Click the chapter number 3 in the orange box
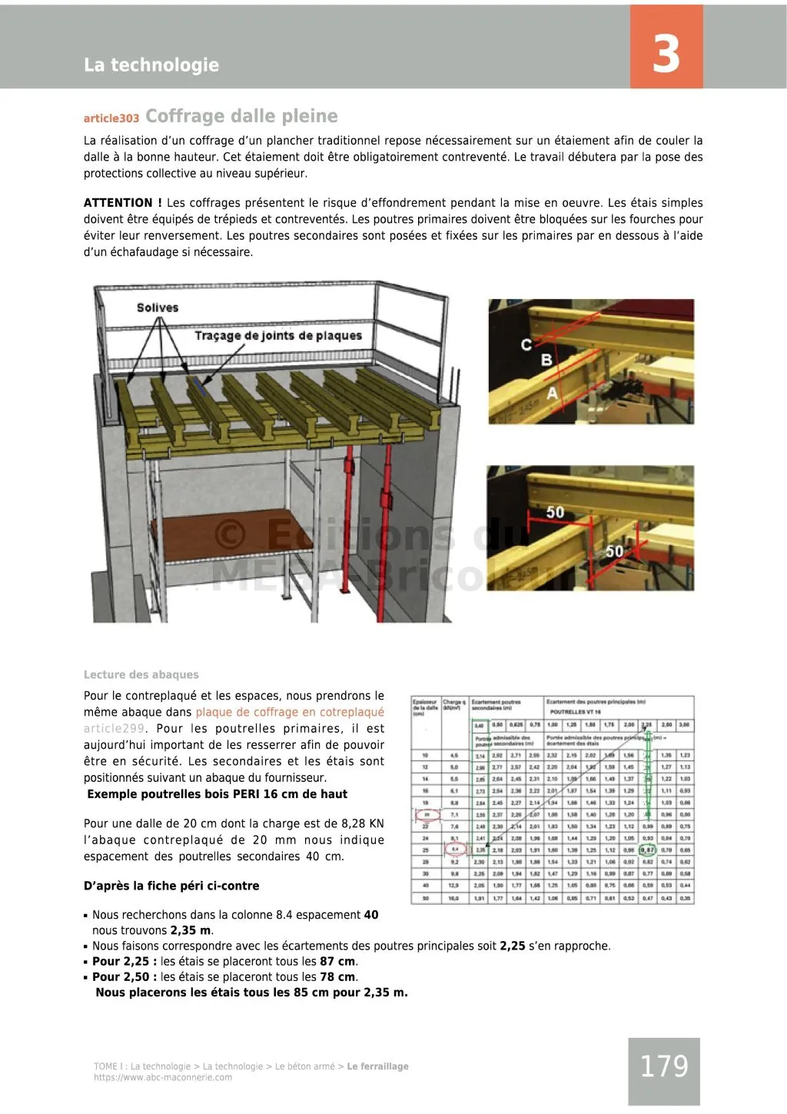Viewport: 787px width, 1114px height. click(x=666, y=53)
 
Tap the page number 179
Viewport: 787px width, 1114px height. click(x=664, y=1066)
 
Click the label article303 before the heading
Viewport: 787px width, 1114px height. click(x=111, y=118)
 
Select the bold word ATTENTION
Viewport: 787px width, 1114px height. click(x=123, y=203)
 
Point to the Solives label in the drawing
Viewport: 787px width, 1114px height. click(x=158, y=308)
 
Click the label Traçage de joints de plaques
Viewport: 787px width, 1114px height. click(x=277, y=336)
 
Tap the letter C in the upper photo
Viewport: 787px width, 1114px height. click(x=526, y=344)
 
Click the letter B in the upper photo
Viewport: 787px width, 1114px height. click(x=546, y=360)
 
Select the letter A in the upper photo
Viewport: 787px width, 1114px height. click(x=552, y=393)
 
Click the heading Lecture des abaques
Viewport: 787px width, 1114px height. click(x=141, y=675)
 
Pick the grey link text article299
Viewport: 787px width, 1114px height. click(x=114, y=729)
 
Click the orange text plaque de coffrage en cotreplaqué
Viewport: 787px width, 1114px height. click(x=290, y=713)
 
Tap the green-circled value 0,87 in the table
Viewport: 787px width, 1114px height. click(x=648, y=850)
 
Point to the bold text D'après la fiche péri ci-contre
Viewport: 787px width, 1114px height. click(x=171, y=886)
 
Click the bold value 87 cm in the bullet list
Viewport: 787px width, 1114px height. click(x=337, y=962)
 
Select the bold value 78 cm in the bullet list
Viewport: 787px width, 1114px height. click(x=337, y=977)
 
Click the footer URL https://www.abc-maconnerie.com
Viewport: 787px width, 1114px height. click(x=163, y=1078)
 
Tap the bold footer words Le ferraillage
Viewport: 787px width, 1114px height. click(x=377, y=1066)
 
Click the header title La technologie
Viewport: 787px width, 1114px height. click(x=151, y=65)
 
